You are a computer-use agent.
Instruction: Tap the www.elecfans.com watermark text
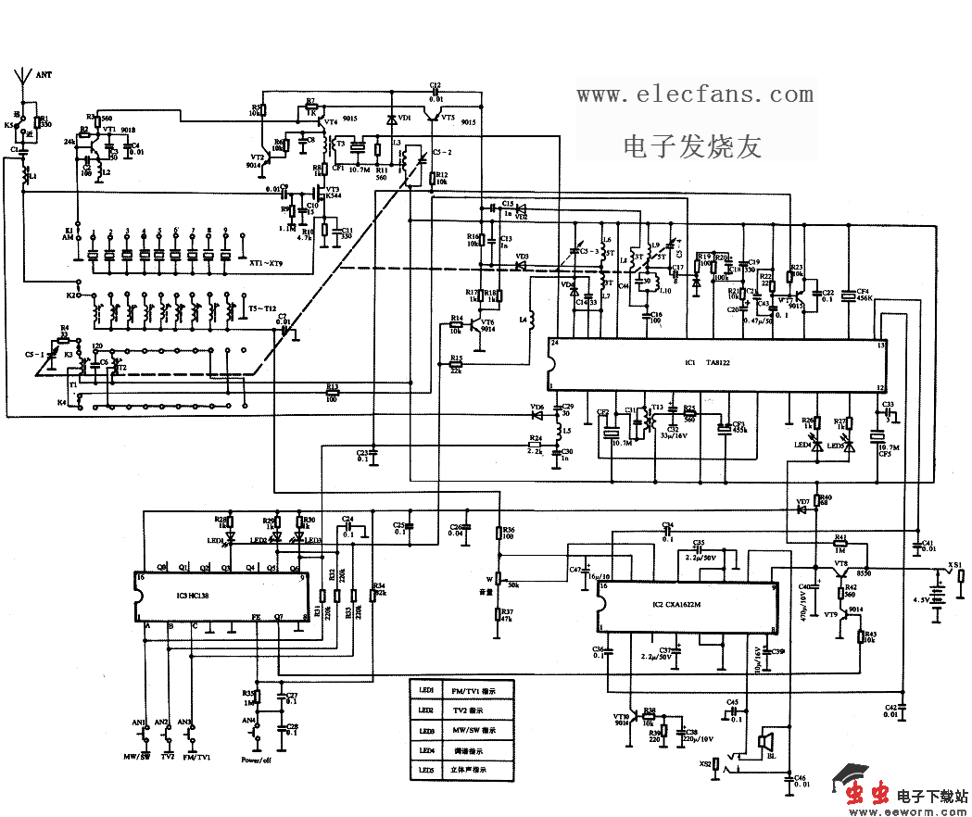695,94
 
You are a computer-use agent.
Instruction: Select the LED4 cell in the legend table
426,750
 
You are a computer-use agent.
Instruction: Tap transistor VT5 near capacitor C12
432,115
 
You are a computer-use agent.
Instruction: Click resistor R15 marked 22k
455,363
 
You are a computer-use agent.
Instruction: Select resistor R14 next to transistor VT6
455,324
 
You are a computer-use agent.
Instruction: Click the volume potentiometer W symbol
500,579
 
